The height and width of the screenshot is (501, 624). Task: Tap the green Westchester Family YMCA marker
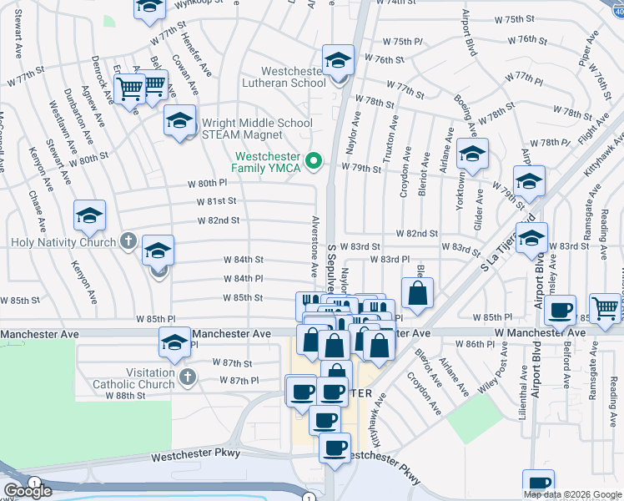[x=315, y=160]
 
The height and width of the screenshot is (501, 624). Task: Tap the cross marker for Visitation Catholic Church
[x=188, y=378]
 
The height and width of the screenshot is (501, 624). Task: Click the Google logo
[x=28, y=491]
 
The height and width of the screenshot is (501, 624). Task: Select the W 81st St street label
[x=217, y=201]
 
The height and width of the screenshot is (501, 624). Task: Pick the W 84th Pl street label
[x=243, y=279]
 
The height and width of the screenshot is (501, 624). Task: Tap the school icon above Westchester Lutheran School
[x=339, y=60]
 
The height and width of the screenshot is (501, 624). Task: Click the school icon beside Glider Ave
[x=472, y=154]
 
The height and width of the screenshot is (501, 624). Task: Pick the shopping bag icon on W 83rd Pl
[x=417, y=293]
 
